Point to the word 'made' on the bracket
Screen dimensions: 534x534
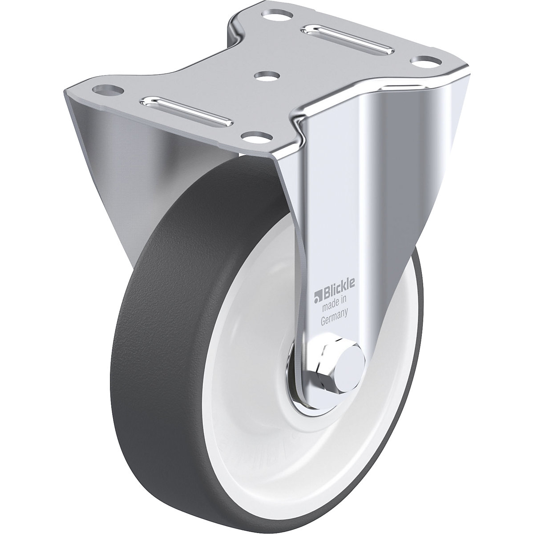tap(327, 307)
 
